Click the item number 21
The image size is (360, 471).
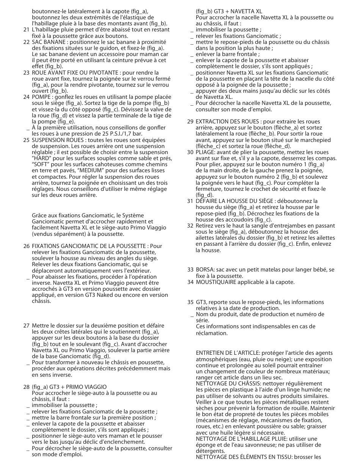[26, 30]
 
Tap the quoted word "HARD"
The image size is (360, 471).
[41, 158]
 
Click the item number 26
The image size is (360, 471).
[26, 246]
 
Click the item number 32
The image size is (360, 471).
[190, 226]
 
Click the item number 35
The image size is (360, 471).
[190, 302]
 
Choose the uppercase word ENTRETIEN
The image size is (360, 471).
[210, 353]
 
